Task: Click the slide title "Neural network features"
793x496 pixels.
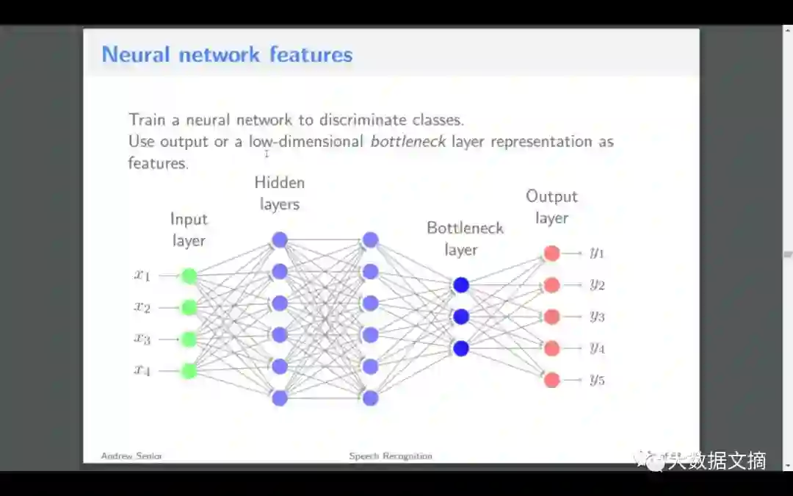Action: point(227,54)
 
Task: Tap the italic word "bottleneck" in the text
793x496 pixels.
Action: point(408,141)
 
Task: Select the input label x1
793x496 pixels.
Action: point(142,276)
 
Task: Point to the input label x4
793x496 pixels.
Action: point(142,370)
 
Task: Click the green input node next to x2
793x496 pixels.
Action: point(189,307)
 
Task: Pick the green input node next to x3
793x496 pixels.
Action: point(189,339)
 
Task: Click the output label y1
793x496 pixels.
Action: point(596,253)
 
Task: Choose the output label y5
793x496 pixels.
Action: point(596,380)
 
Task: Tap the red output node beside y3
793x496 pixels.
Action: point(552,317)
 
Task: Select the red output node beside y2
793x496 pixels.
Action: point(552,285)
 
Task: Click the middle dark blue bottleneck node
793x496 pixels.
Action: point(461,317)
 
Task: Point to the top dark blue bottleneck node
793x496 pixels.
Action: point(461,285)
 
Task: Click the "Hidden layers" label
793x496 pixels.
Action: point(280,193)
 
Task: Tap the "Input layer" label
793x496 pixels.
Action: point(189,229)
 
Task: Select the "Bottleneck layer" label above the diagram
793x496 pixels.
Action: point(465,239)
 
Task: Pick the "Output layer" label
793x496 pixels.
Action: point(552,207)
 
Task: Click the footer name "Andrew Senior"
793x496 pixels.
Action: point(131,456)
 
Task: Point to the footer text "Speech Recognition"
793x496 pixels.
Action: point(391,456)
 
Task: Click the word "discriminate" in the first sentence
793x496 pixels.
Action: point(362,119)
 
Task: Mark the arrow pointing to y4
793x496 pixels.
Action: point(573,348)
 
